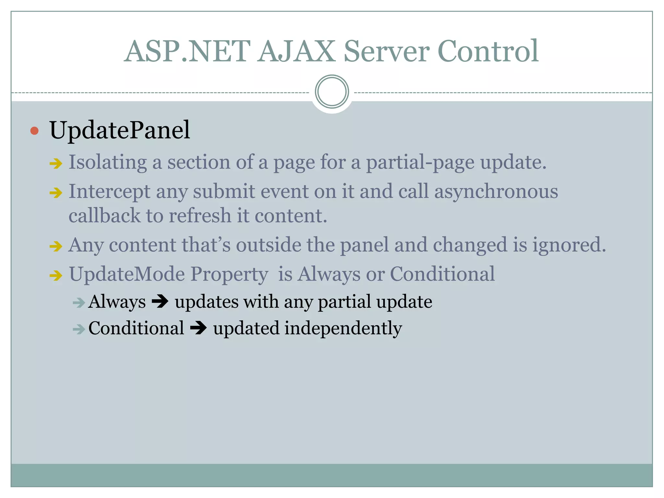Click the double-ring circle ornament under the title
pos(332,92)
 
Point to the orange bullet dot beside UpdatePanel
pos(34,131)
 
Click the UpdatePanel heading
pos(120,130)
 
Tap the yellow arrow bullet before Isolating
pos(56,163)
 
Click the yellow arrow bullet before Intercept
pos(56,193)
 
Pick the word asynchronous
pos(496,192)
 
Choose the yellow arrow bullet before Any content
pos(56,246)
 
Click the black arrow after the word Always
pos(160,302)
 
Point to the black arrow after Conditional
pos(198,328)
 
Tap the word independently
pos(343,328)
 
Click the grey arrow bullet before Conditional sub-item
pos(79,330)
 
